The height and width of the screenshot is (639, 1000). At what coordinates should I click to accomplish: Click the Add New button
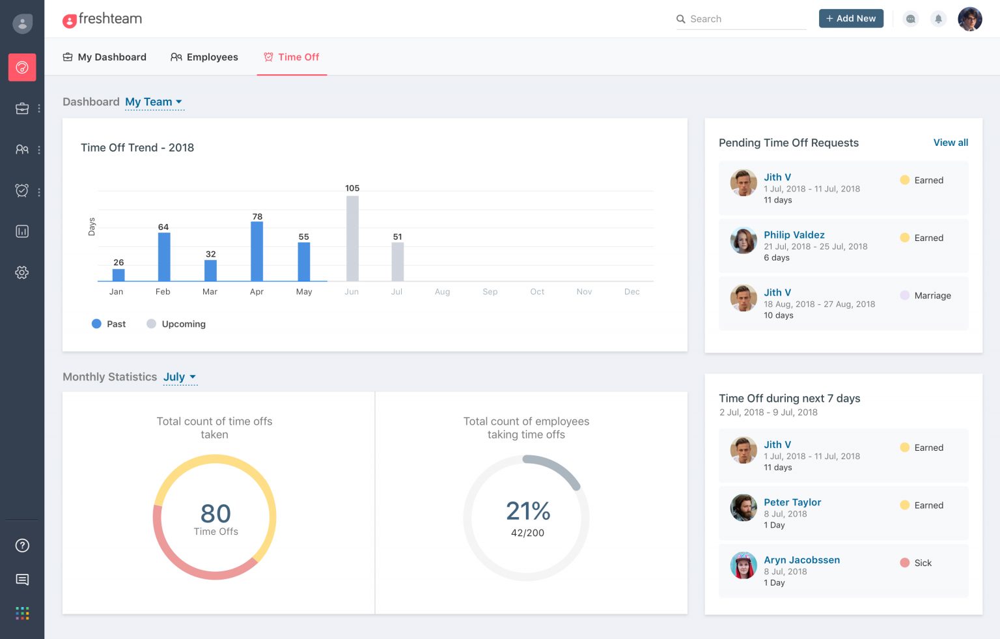coord(851,19)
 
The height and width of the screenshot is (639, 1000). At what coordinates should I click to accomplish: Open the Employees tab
coord(204,57)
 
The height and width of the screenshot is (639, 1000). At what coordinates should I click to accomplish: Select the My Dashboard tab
coord(104,57)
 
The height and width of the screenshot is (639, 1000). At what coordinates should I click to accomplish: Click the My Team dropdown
coord(154,102)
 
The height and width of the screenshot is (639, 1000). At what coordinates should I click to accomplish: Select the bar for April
coord(257,251)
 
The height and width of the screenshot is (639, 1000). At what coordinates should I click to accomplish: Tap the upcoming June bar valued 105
coord(352,238)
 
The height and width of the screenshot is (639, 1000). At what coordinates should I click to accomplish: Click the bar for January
coord(118,275)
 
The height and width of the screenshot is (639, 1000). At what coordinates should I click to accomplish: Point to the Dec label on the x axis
coord(632,292)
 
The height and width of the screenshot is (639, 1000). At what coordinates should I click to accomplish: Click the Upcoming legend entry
coord(176,324)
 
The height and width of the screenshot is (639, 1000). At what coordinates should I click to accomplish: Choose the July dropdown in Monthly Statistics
coord(180,377)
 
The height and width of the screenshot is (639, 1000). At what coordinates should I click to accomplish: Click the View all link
coord(951,143)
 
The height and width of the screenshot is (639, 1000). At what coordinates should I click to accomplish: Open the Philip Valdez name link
coord(794,235)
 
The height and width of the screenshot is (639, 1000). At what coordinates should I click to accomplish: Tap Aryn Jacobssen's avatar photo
coord(743,565)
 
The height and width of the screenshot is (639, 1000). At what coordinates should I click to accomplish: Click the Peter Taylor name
coord(792,502)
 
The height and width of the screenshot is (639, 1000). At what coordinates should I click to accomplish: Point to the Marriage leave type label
coord(932,296)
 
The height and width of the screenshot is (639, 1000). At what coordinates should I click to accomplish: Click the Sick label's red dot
coord(904,563)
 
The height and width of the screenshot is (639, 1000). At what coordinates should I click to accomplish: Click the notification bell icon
coord(938,19)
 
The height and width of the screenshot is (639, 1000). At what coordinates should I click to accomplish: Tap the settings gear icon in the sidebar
coord(22,272)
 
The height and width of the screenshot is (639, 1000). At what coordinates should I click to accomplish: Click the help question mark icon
coord(22,545)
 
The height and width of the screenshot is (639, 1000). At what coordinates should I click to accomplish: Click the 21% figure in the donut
coord(528,511)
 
